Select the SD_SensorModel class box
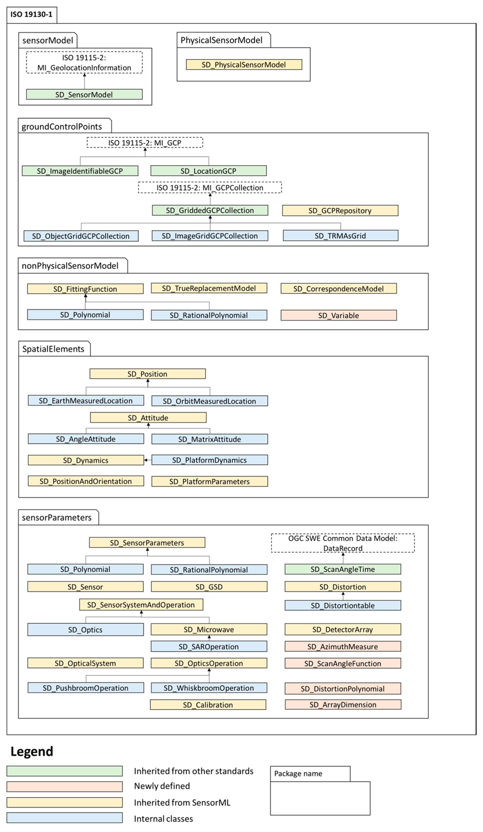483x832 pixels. coord(84,94)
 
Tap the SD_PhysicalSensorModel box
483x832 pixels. coord(244,65)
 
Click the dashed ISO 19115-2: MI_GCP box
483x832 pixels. coord(145,143)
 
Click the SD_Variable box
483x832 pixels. coord(339,315)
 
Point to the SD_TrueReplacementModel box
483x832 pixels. coord(209,288)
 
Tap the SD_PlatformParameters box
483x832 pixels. coord(210,481)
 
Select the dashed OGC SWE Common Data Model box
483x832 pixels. coord(343,543)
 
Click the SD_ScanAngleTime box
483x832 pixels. coord(343,569)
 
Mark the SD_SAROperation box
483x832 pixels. coord(209,647)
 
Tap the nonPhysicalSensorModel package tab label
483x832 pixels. coord(70,266)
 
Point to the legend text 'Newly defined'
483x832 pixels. coord(162,786)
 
